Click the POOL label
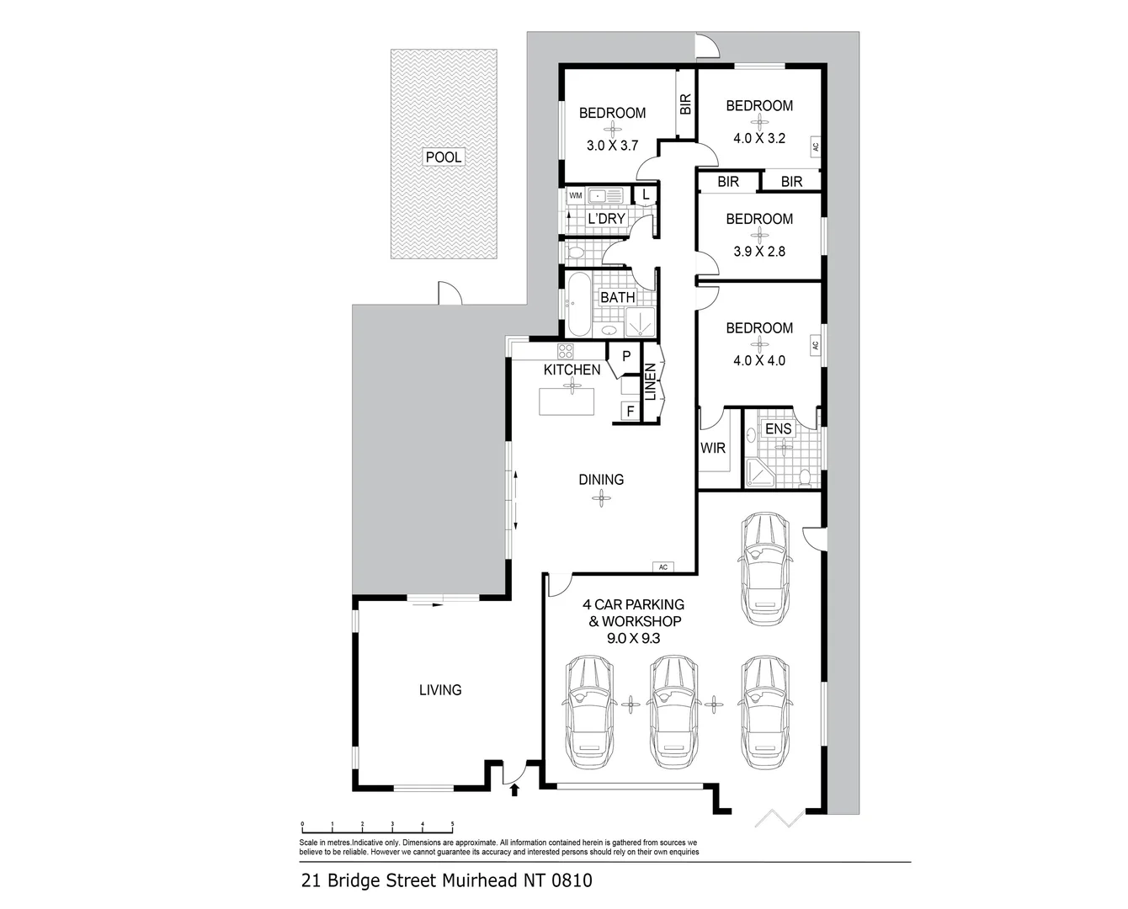pos(444,157)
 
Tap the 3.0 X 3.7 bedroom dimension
pos(612,146)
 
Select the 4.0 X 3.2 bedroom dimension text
pos(759,138)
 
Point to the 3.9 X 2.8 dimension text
pos(759,252)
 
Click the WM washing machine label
pos(576,195)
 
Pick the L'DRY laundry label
pos(606,219)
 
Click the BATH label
pos(618,297)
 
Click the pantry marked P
pos(625,357)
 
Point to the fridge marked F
pos(630,412)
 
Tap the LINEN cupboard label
pos(650,382)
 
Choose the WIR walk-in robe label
pos(713,449)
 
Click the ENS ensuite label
pos(778,428)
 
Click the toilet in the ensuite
pos(805,478)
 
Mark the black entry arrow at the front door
pos(514,790)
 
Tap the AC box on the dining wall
pos(663,566)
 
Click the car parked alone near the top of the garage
pos(764,569)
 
